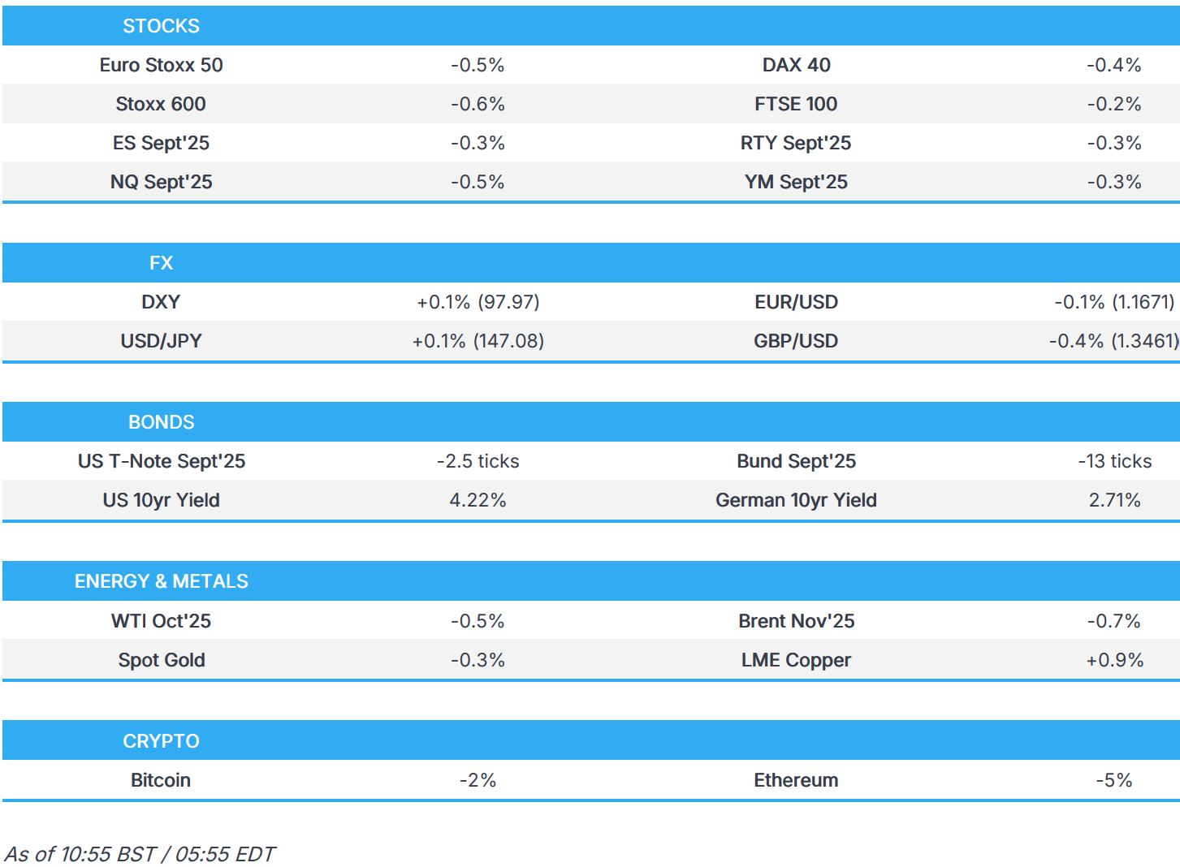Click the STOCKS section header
point(161,26)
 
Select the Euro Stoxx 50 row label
point(161,65)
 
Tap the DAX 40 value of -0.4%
point(1113,65)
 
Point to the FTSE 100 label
point(795,104)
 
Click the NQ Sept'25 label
point(161,182)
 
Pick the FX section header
point(161,263)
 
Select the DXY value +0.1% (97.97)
point(478,302)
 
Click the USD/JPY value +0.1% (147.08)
point(478,341)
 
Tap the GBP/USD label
point(795,341)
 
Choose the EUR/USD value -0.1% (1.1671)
point(1113,302)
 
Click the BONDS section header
point(161,422)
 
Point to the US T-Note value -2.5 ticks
point(478,461)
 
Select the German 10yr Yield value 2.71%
point(1113,500)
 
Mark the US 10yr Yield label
point(161,500)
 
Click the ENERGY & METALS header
point(161,581)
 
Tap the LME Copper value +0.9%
point(1113,660)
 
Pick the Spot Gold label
point(161,660)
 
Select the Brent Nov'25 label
point(795,621)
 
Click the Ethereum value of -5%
point(1113,780)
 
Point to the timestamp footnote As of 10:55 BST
point(140,854)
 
